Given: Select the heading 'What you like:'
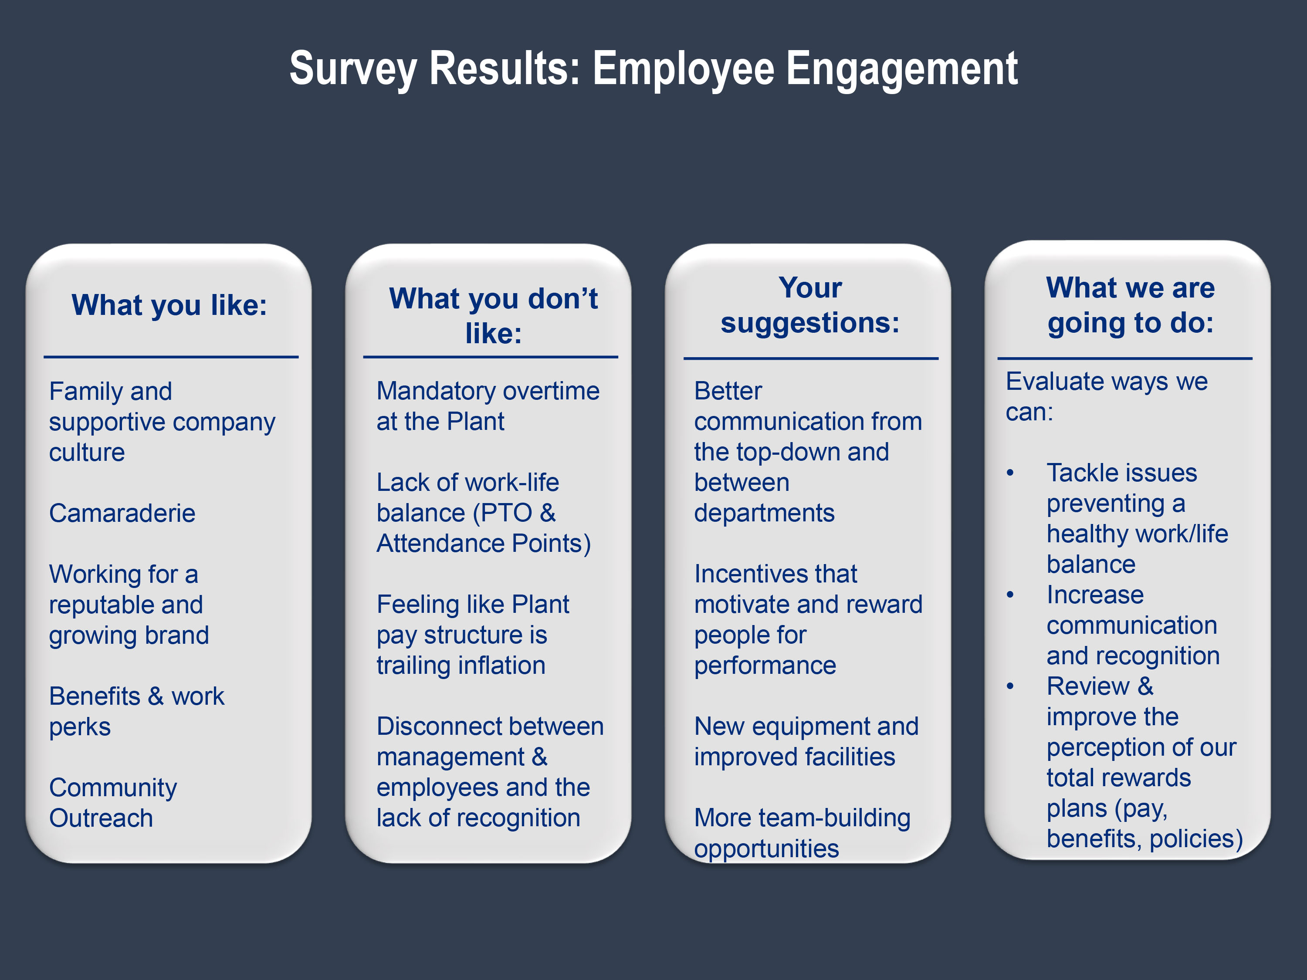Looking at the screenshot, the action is click(169, 305).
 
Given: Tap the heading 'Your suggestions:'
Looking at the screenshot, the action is click(810, 305).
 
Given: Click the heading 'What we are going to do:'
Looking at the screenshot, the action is click(1130, 305).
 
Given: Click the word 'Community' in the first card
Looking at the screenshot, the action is click(113, 788).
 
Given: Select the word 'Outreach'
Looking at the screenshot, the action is click(101, 818).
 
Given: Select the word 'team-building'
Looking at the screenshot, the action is click(834, 818).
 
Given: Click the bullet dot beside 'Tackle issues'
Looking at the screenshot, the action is click(1010, 473).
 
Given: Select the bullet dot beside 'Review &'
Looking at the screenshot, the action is click(1010, 686).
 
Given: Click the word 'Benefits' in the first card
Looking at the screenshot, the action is click(95, 696).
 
